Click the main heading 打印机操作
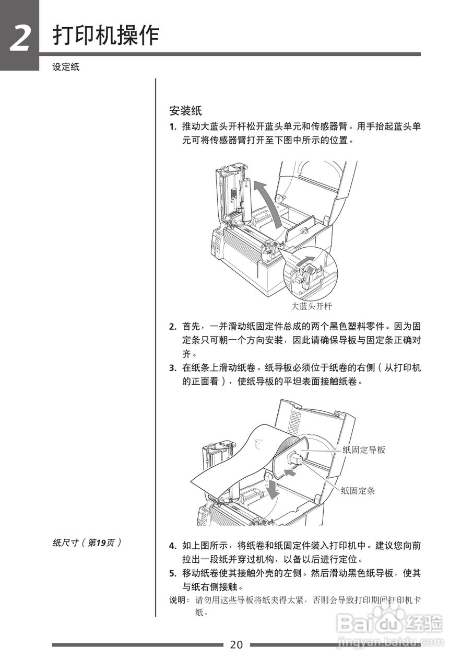click(x=106, y=36)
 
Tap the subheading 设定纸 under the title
click(x=66, y=67)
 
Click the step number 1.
click(x=172, y=127)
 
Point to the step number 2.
click(x=172, y=327)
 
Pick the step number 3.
click(x=172, y=368)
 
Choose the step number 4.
click(x=172, y=546)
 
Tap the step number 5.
click(x=172, y=573)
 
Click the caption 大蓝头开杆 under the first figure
click(x=311, y=306)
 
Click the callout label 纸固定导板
click(x=364, y=449)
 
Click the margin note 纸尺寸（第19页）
click(x=87, y=543)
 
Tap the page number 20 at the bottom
click(x=236, y=644)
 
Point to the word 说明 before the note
click(x=178, y=601)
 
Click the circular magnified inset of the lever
click(x=310, y=273)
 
